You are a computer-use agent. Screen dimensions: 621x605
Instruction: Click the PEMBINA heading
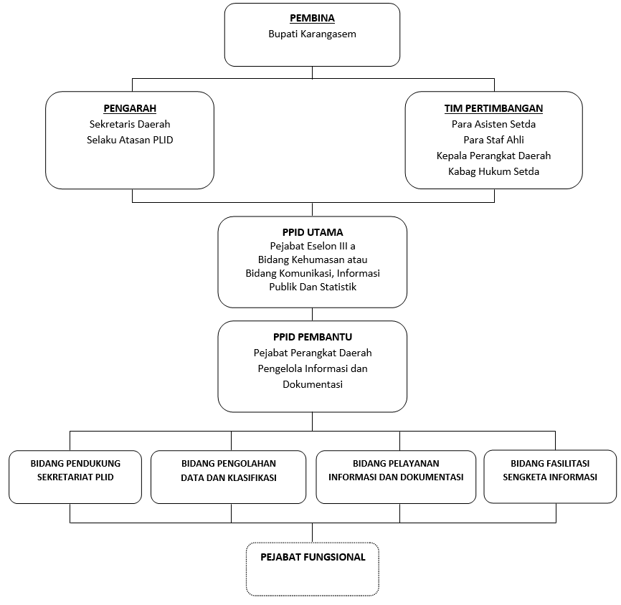click(x=312, y=18)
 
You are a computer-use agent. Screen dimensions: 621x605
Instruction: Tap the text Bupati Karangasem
click(x=312, y=34)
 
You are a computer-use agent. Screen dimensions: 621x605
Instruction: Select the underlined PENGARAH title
click(x=130, y=108)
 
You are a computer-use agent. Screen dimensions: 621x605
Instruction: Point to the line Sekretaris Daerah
click(x=130, y=124)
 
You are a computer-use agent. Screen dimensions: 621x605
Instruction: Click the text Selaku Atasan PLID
click(x=130, y=140)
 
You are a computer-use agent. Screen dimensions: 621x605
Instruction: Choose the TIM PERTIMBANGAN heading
click(x=493, y=108)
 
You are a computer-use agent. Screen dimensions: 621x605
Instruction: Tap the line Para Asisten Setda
click(x=493, y=124)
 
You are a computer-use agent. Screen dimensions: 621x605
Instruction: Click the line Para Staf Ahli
click(x=493, y=140)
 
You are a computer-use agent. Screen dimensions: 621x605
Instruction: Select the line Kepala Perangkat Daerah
click(x=493, y=156)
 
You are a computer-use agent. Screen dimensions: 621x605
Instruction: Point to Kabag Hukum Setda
click(x=493, y=172)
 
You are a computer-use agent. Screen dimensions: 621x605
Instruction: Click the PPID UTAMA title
click(x=313, y=232)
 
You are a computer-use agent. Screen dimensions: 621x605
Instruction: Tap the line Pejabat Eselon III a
click(x=313, y=247)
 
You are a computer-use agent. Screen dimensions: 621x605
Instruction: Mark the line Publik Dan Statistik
click(x=313, y=287)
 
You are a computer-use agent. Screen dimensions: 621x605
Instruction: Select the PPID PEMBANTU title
click(x=313, y=337)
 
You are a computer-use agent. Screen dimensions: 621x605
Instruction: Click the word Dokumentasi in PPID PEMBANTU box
click(x=313, y=384)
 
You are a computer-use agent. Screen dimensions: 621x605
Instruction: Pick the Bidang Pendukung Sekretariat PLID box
click(x=75, y=477)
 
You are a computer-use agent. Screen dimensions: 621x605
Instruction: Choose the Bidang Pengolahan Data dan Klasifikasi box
click(x=229, y=477)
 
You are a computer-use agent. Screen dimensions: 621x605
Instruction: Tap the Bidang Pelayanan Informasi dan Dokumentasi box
click(x=396, y=477)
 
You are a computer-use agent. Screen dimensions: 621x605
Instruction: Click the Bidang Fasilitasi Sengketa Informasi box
click(x=550, y=477)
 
